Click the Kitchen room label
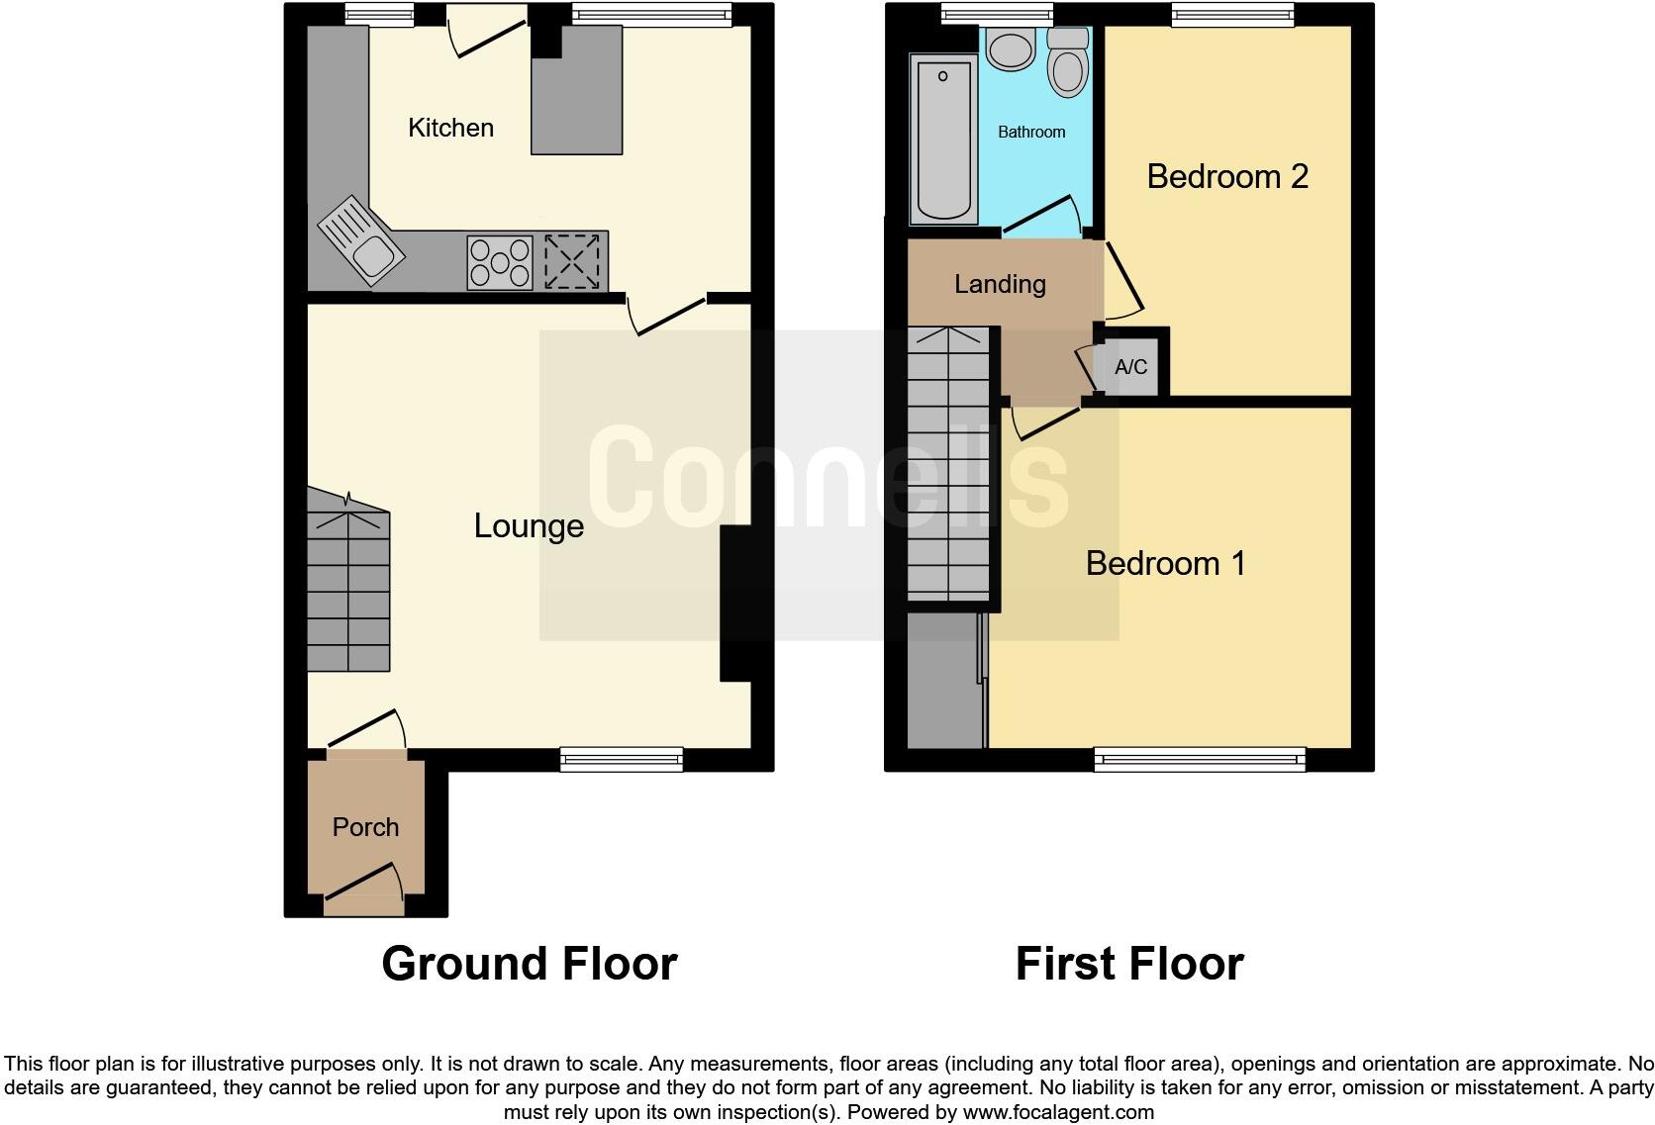[450, 128]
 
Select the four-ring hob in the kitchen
[499, 262]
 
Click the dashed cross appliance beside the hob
[572, 261]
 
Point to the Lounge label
[529, 525]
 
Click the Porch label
[365, 827]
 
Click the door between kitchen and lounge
[668, 314]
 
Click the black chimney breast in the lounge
[734, 603]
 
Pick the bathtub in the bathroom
[943, 139]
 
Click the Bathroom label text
[1031, 132]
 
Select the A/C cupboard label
[1130, 367]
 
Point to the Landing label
[1000, 285]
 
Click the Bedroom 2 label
[1227, 176]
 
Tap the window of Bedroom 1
[1200, 760]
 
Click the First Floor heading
[1128, 963]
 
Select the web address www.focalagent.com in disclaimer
[1058, 1112]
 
